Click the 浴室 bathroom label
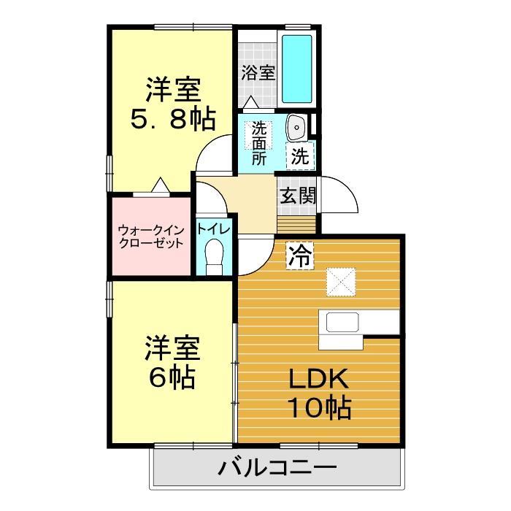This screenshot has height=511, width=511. click(x=258, y=72)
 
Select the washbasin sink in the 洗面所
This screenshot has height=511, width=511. click(x=297, y=128)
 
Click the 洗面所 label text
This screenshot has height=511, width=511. click(x=259, y=143)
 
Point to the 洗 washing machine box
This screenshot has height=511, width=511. click(x=300, y=155)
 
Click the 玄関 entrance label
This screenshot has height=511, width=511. click(x=298, y=195)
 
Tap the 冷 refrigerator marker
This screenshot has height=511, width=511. click(x=299, y=255)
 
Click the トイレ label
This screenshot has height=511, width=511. click(x=213, y=229)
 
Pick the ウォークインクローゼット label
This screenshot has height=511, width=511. click(x=150, y=237)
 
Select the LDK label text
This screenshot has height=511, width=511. click(x=319, y=379)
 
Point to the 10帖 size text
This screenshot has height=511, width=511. click(x=319, y=407)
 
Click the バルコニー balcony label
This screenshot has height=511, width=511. click(x=277, y=467)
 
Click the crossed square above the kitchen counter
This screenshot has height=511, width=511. click(x=340, y=280)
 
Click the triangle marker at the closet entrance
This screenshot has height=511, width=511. click(x=159, y=187)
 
